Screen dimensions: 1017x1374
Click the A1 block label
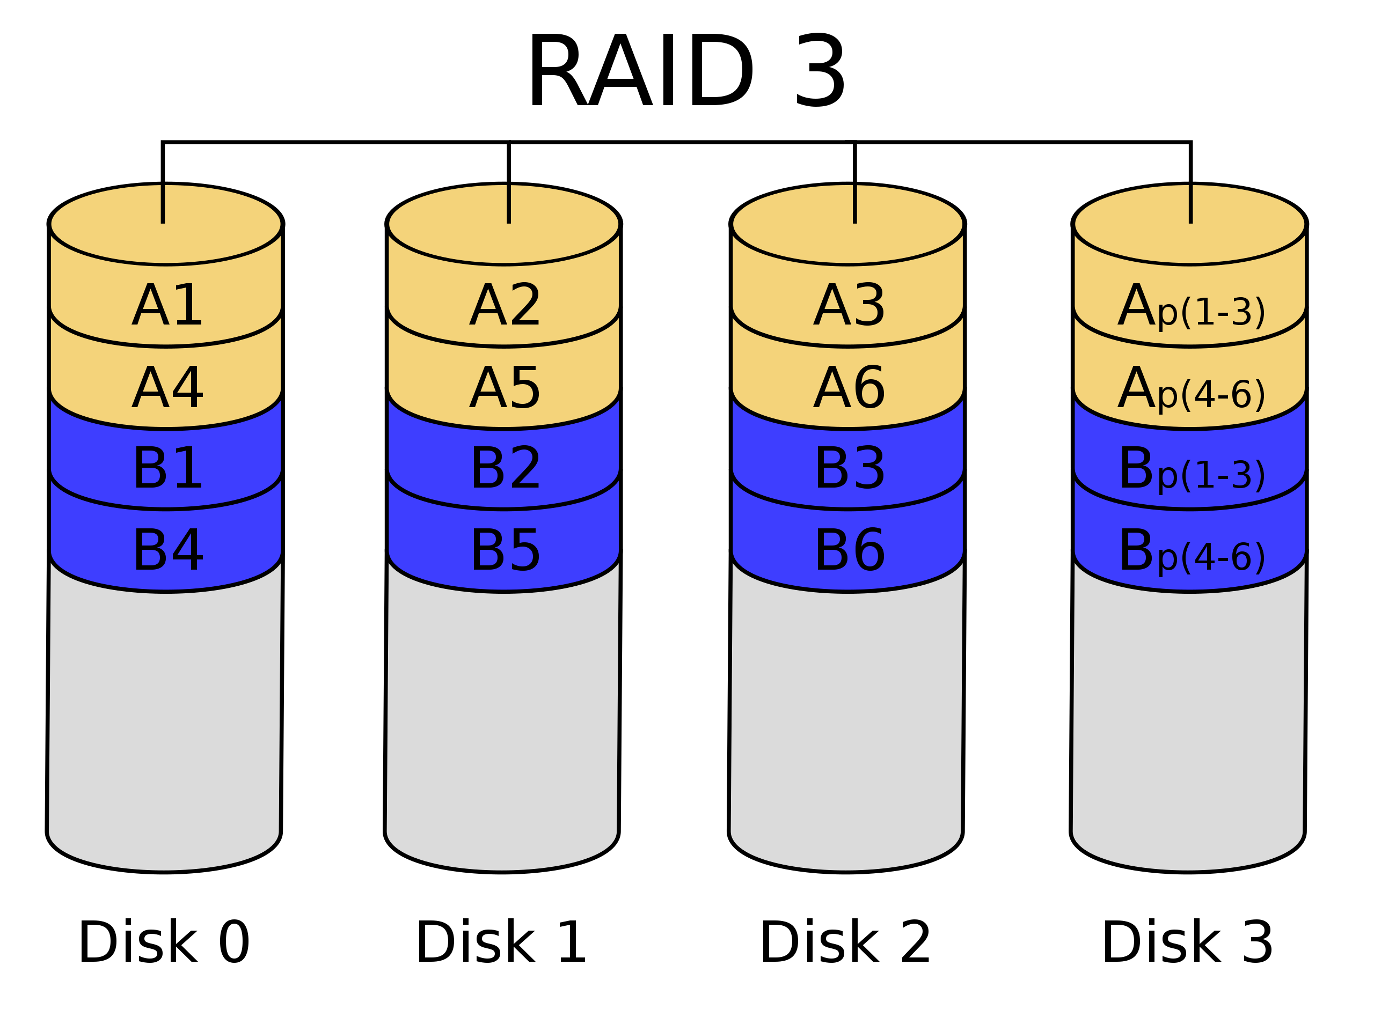(x=167, y=305)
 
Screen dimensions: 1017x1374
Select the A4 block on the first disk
(x=167, y=387)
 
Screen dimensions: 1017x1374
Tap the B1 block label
(x=167, y=469)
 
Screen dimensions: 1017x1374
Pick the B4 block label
(x=167, y=551)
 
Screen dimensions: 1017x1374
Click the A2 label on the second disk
(x=505, y=305)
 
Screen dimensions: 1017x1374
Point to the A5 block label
(x=505, y=387)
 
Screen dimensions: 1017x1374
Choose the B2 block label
(x=505, y=469)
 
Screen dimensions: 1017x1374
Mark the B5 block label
(x=505, y=551)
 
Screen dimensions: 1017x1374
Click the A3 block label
(x=849, y=305)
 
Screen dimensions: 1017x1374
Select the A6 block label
(x=849, y=387)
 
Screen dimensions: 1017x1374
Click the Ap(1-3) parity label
(x=1190, y=308)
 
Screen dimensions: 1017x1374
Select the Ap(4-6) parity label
(x=1190, y=389)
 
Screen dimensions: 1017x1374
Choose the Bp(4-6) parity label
(x=1190, y=554)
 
